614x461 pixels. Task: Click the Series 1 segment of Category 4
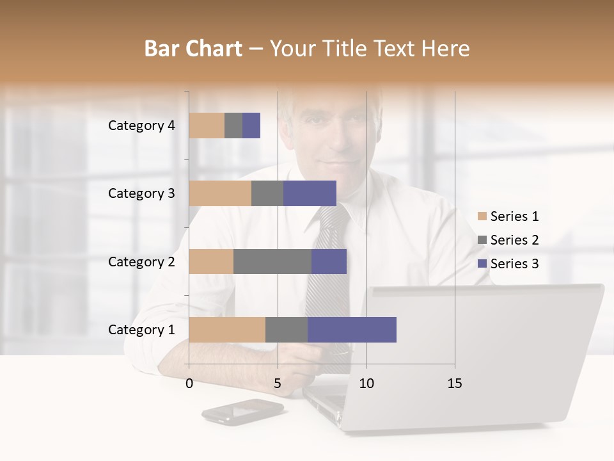pos(207,125)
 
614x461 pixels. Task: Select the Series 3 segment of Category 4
pos(251,125)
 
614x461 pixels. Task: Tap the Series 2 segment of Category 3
pos(267,193)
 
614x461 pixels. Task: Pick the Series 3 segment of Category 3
pos(310,193)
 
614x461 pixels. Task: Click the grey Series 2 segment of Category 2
pos(272,261)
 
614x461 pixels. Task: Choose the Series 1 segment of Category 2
pos(211,261)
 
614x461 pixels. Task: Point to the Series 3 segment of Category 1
pos(352,329)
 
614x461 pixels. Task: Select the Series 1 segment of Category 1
pos(227,329)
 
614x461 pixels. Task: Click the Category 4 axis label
pos(141,125)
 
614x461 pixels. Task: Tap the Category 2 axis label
pos(141,261)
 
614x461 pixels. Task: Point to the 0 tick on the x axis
pos(189,384)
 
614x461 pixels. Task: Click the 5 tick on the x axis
pos(278,384)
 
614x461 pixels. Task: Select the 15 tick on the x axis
pos(455,384)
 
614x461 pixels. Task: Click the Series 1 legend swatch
pos(482,216)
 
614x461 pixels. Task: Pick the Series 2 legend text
pos(514,240)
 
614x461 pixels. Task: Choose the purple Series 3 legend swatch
pos(482,264)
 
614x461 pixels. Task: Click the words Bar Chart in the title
pos(193,48)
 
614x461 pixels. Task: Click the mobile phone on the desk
pos(242,411)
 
